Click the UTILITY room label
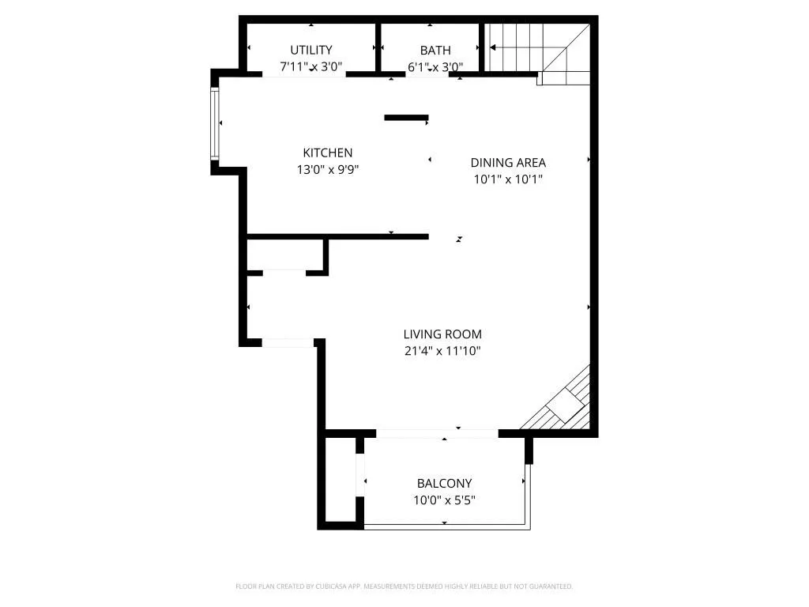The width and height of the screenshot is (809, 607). [311, 50]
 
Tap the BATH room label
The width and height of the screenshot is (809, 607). [435, 50]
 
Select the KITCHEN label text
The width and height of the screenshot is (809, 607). [328, 153]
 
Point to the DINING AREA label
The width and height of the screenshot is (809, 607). [508, 163]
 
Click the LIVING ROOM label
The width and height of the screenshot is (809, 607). [442, 334]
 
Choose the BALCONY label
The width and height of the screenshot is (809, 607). [444, 484]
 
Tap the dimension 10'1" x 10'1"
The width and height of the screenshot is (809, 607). [508, 179]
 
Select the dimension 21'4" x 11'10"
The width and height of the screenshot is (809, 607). [442, 351]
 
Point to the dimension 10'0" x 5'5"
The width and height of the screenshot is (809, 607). [444, 500]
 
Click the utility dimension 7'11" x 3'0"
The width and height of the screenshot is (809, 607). [311, 67]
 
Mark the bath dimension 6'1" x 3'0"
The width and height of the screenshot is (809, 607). [435, 67]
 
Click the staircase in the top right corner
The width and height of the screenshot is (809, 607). [537, 49]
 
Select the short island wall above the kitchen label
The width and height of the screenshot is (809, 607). [406, 119]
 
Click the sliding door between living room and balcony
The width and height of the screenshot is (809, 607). [437, 433]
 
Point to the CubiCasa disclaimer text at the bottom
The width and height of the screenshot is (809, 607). [404, 586]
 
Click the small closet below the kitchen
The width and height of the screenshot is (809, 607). [285, 254]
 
